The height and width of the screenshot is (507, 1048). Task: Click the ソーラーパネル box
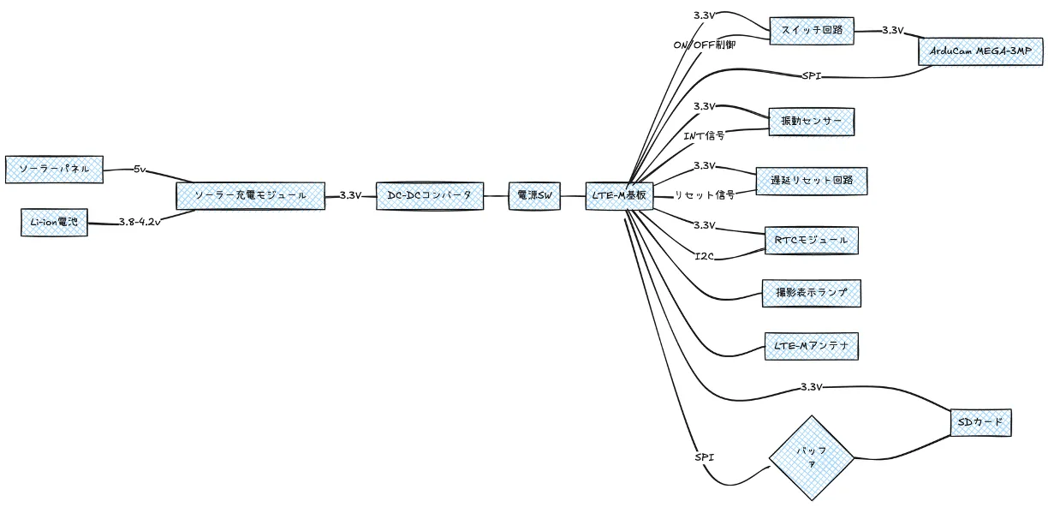pos(54,170)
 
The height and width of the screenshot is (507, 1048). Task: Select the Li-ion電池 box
pos(54,223)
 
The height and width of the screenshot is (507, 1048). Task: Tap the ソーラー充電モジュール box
pos(250,195)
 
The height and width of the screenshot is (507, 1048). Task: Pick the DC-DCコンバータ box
pos(430,195)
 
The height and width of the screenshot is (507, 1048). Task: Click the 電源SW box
pos(534,195)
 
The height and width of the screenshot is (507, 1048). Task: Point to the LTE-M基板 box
pos(619,195)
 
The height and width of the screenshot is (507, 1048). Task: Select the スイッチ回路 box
pos(812,31)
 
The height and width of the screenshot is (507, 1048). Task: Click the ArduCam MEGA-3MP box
pos(980,52)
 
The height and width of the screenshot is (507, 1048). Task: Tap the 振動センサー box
pos(812,122)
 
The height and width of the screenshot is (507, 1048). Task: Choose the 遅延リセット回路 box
pos(812,181)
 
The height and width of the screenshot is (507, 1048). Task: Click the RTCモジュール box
pos(812,241)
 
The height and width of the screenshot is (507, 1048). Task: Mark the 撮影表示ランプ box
pos(812,294)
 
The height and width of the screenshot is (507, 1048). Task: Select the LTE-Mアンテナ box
pos(812,347)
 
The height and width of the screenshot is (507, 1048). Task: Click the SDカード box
pos(980,423)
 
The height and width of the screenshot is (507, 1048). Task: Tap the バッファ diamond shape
pos(812,458)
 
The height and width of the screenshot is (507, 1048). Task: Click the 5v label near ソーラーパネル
pos(140,169)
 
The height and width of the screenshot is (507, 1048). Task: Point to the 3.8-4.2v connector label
pos(140,222)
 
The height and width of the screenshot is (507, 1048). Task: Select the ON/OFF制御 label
pos(705,45)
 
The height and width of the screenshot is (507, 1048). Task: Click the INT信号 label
pos(704,136)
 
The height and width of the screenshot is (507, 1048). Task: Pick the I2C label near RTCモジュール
pos(704,256)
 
